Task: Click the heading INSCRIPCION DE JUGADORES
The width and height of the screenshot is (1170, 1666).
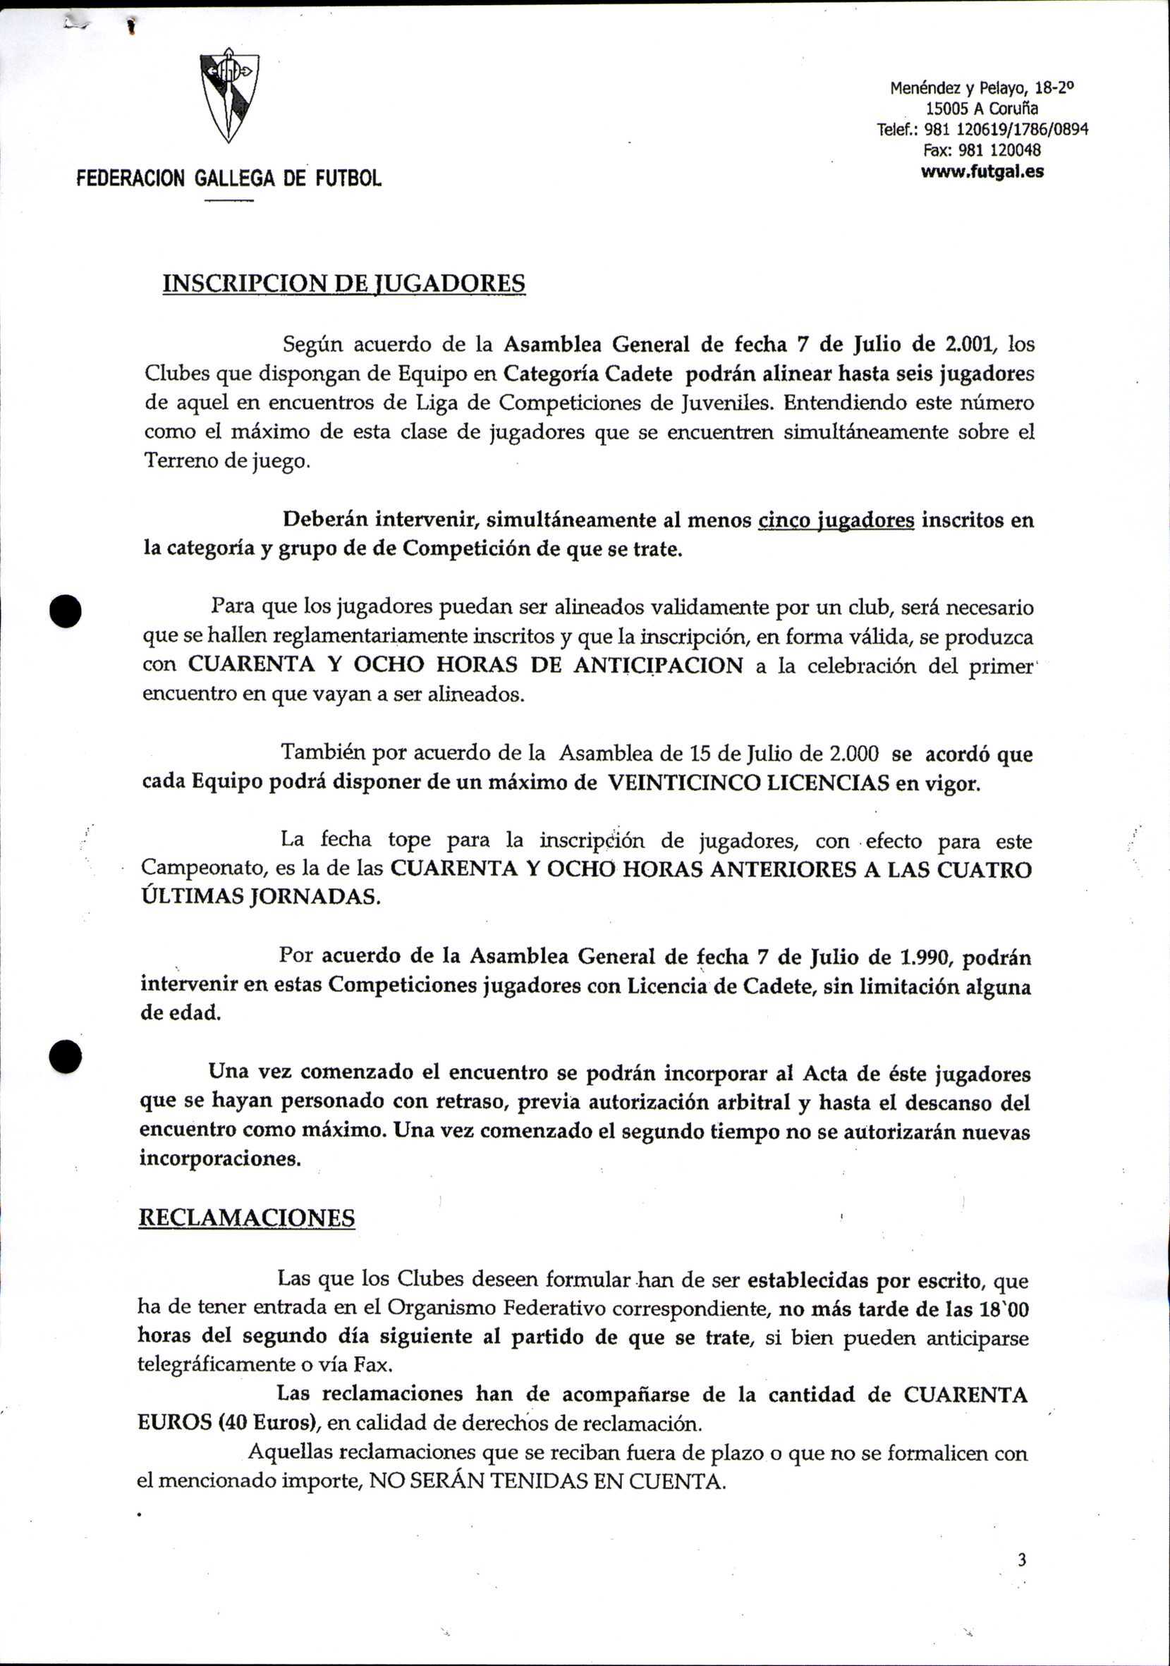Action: pyautogui.click(x=343, y=283)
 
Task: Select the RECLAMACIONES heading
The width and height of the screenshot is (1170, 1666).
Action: pyautogui.click(x=247, y=1218)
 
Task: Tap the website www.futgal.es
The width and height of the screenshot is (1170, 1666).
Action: pyautogui.click(x=982, y=172)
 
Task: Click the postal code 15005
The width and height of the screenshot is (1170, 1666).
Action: pyautogui.click(x=947, y=109)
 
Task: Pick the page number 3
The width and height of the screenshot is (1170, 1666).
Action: pyautogui.click(x=1022, y=1560)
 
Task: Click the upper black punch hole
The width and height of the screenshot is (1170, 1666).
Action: pyautogui.click(x=65, y=611)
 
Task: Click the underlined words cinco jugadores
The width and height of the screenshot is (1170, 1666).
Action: pyautogui.click(x=836, y=520)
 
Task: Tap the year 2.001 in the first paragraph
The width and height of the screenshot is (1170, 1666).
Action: pyautogui.click(x=973, y=343)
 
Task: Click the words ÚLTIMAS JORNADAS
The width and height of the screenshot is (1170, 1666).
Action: pyautogui.click(x=260, y=897)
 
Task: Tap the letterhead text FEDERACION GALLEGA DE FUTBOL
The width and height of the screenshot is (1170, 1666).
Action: pyautogui.click(x=228, y=178)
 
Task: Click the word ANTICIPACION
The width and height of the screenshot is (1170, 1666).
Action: pyautogui.click(x=657, y=666)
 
